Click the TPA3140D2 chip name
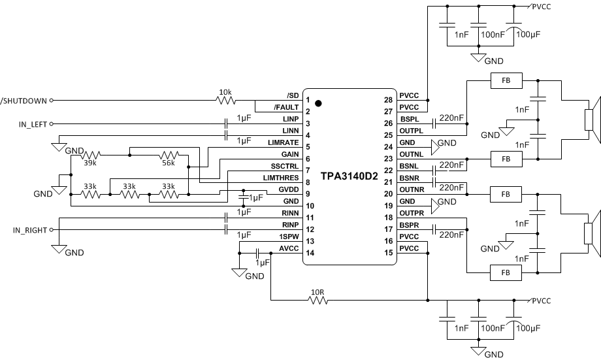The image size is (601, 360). [x=349, y=176]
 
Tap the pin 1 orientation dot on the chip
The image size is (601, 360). [x=318, y=103]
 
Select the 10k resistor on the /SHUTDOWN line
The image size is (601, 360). [x=225, y=101]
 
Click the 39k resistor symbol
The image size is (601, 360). [x=90, y=155]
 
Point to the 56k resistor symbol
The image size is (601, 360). [x=169, y=155]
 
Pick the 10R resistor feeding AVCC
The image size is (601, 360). [x=318, y=301]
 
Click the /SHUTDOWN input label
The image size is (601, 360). [x=24, y=101]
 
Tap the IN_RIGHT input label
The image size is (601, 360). [x=31, y=230]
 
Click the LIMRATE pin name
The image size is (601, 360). [x=284, y=142]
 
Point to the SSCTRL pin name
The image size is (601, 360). [x=285, y=166]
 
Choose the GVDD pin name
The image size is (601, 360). [x=288, y=189]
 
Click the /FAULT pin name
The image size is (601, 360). [x=286, y=107]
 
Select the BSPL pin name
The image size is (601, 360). [x=409, y=119]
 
